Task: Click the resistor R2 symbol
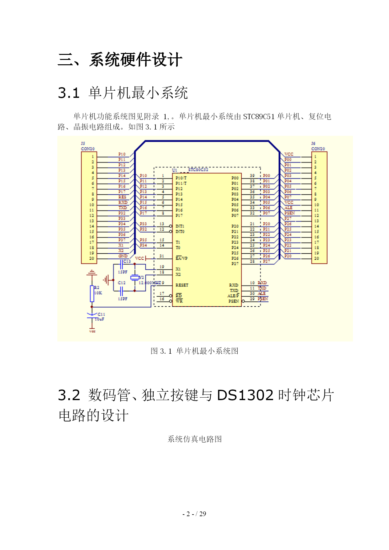tap(92, 293)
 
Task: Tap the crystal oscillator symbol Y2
tap(135, 278)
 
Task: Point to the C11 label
tap(101, 314)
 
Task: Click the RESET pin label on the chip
tap(182, 285)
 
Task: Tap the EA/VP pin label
tap(181, 258)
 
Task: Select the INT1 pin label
tap(180, 226)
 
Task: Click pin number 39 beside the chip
tap(252, 176)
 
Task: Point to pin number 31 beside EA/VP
tap(162, 256)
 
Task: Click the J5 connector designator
tap(83, 144)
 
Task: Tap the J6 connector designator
tap(313, 144)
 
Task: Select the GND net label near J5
tap(123, 256)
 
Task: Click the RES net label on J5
tap(122, 197)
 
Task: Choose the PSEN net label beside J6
tap(289, 213)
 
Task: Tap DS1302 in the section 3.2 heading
tap(245, 395)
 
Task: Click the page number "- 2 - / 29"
tap(194, 514)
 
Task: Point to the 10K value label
tap(98, 293)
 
